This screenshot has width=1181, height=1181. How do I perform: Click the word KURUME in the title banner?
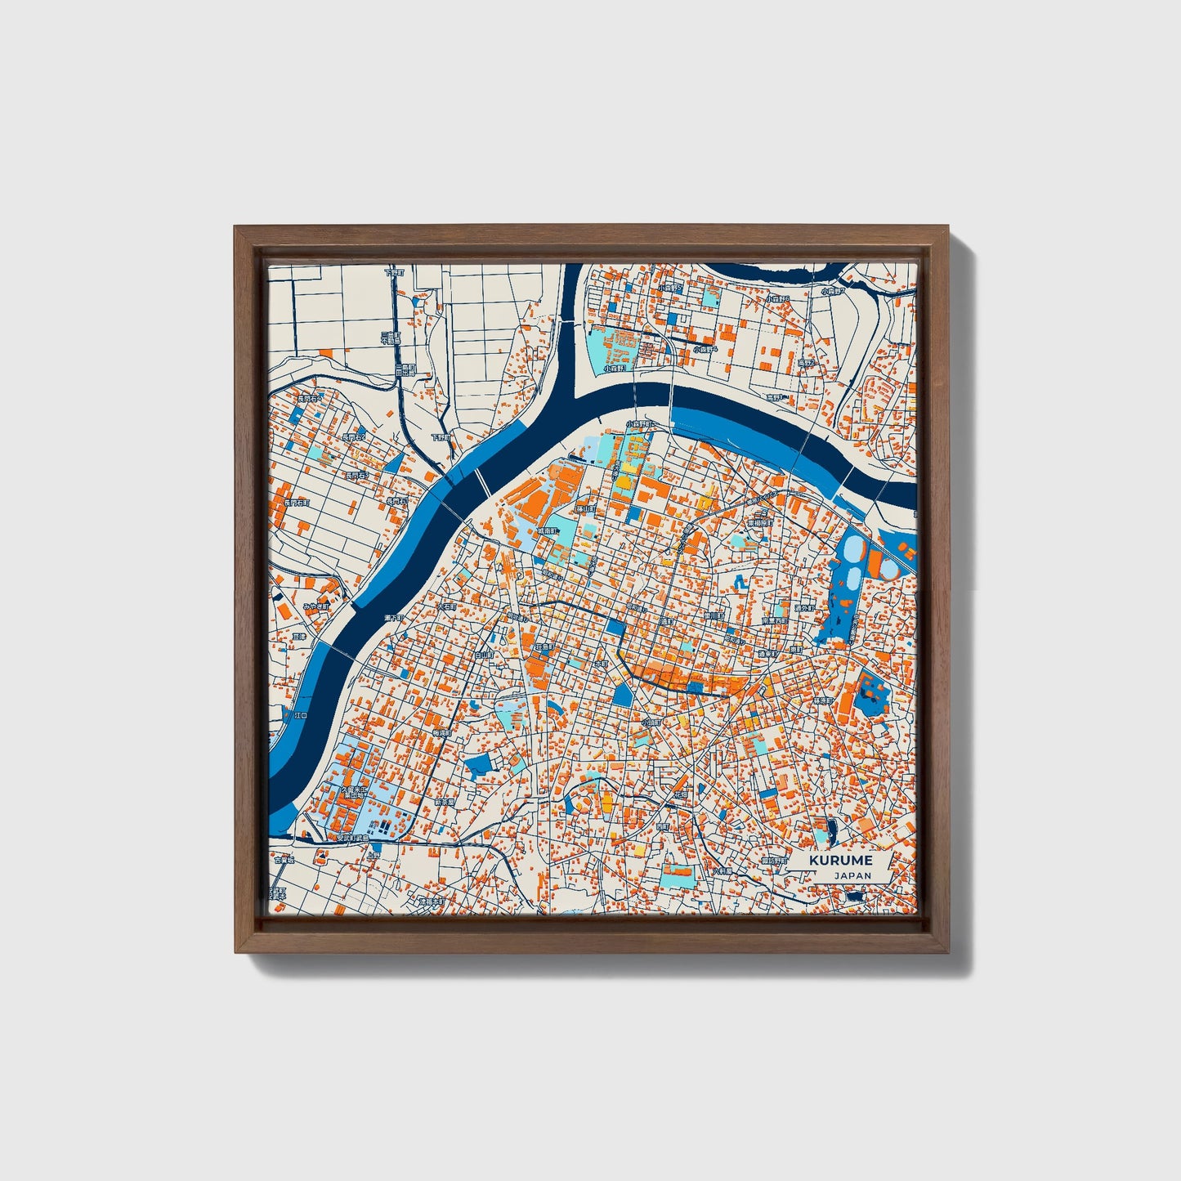(x=841, y=860)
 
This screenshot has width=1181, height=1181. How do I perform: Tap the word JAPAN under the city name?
(x=852, y=875)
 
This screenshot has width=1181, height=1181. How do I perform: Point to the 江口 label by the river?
(x=300, y=715)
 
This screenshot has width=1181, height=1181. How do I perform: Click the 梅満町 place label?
(x=442, y=733)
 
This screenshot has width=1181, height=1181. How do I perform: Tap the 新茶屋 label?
(x=444, y=803)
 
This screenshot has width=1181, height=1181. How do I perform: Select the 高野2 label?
(x=807, y=362)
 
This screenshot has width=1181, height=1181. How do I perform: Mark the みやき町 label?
(x=315, y=606)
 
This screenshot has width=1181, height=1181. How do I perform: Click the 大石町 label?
(x=449, y=606)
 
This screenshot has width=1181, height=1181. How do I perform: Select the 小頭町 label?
(x=651, y=722)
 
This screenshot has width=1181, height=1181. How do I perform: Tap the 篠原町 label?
(x=821, y=700)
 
